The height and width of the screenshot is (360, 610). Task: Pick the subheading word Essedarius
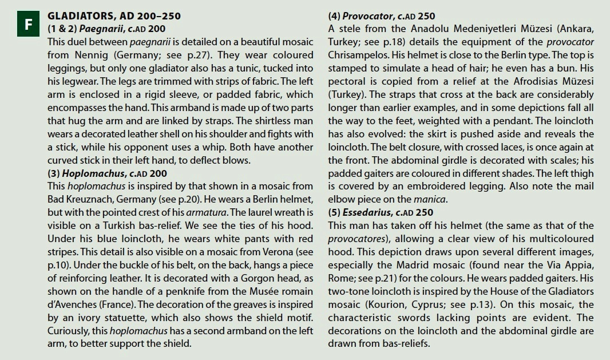click(367, 212)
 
